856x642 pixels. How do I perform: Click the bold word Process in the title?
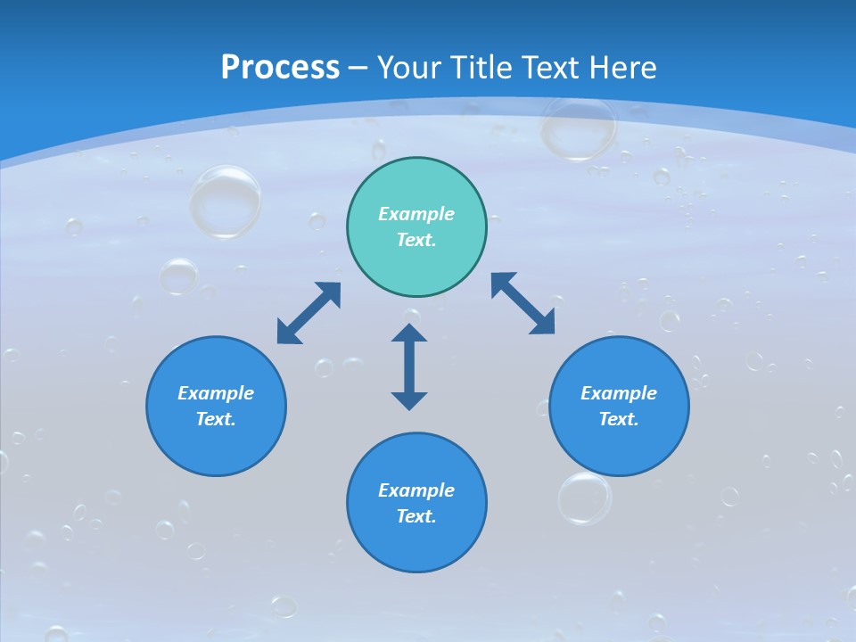280,68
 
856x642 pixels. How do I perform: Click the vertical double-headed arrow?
409,366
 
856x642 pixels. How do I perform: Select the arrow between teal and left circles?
309,313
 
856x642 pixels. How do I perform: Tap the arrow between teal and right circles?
523,304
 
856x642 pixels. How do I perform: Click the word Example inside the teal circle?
416,214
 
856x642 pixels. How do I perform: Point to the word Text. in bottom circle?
416,516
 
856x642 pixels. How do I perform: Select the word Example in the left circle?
216,393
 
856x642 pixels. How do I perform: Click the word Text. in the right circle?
619,419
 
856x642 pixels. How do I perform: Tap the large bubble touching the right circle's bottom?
585,498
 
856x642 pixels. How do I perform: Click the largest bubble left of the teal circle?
225,202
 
